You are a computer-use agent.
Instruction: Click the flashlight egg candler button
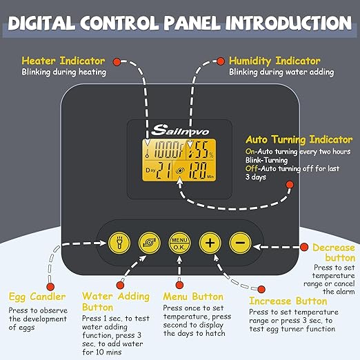tap(119, 243)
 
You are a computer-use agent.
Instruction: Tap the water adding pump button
tap(150, 243)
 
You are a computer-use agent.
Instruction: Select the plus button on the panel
tap(210, 243)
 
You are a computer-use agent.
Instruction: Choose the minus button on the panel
tap(240, 243)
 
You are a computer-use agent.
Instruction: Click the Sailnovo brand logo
tap(180, 130)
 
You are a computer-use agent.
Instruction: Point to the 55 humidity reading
tap(200, 150)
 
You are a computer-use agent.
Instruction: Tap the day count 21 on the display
tap(163, 170)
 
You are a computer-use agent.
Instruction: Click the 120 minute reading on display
tap(197, 170)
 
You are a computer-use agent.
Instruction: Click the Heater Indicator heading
tap(63, 61)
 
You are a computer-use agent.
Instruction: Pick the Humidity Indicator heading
tap(274, 61)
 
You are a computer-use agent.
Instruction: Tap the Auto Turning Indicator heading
tap(299, 139)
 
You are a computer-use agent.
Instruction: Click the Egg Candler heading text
tap(37, 297)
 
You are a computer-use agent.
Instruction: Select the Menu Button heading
tap(193, 297)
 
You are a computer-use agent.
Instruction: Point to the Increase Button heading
tap(288, 301)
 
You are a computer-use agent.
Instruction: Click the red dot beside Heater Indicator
tap(117, 61)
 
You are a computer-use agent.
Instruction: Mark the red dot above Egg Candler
tap(50, 287)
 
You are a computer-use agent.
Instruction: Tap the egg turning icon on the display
tap(180, 170)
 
